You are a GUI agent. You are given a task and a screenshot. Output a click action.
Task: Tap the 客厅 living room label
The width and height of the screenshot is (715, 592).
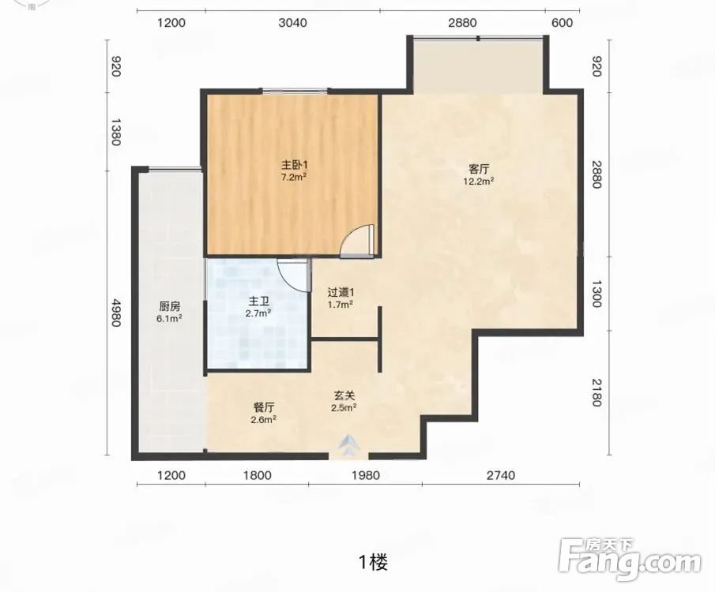coord(479,170)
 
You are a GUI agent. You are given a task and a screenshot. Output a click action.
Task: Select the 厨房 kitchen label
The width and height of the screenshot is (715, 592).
coord(170,306)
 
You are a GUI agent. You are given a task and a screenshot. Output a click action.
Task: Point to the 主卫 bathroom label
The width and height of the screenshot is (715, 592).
coord(258,302)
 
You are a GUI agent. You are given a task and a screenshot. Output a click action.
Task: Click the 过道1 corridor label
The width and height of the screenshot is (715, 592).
coord(341,292)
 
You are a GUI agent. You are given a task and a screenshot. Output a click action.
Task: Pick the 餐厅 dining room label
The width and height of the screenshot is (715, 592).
coord(264,407)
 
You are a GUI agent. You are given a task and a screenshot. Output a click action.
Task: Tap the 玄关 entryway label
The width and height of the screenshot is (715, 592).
coord(344,396)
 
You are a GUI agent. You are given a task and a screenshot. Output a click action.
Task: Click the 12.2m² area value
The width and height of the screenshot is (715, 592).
coord(479,181)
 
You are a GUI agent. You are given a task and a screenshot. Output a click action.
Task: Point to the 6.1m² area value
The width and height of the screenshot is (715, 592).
coord(170,318)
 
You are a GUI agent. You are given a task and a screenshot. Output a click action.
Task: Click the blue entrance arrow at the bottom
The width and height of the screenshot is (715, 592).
coord(349,444)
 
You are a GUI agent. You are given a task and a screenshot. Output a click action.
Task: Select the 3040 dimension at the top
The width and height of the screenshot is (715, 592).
coord(293,23)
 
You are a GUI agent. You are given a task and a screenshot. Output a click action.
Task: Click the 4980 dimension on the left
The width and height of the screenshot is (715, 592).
coord(115,313)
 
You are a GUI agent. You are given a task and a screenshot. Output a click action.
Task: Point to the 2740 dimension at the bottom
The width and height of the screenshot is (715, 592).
coord(501,476)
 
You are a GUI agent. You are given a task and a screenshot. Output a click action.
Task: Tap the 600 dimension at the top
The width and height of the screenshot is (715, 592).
coord(563,23)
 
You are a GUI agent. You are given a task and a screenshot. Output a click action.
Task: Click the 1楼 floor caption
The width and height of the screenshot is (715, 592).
coord(374,562)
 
